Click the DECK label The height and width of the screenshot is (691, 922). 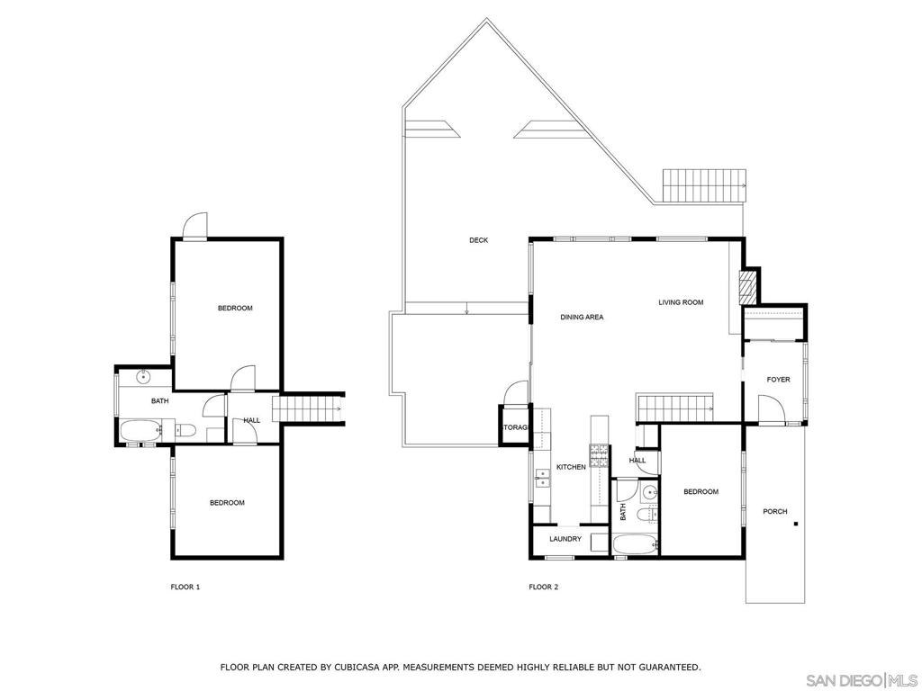click(x=478, y=240)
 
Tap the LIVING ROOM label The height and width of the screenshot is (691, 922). click(x=681, y=302)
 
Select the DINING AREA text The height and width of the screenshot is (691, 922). click(x=582, y=317)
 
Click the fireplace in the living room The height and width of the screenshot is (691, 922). click(x=745, y=286)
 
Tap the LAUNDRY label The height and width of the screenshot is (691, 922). click(x=565, y=539)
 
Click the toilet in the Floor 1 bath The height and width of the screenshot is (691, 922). click(x=185, y=430)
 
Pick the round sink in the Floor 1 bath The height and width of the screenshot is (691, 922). click(x=142, y=376)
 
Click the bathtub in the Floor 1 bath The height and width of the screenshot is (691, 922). click(x=139, y=432)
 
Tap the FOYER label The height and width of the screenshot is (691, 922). click(x=778, y=380)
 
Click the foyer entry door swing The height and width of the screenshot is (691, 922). click(x=772, y=411)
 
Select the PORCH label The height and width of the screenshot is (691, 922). click(x=774, y=511)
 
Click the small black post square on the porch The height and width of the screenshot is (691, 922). click(x=796, y=523)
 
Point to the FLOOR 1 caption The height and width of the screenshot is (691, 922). click(x=185, y=587)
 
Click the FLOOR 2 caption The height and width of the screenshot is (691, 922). click(x=544, y=587)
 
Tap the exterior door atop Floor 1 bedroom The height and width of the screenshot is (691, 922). click(x=194, y=227)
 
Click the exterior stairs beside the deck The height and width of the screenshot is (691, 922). click(x=706, y=186)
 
